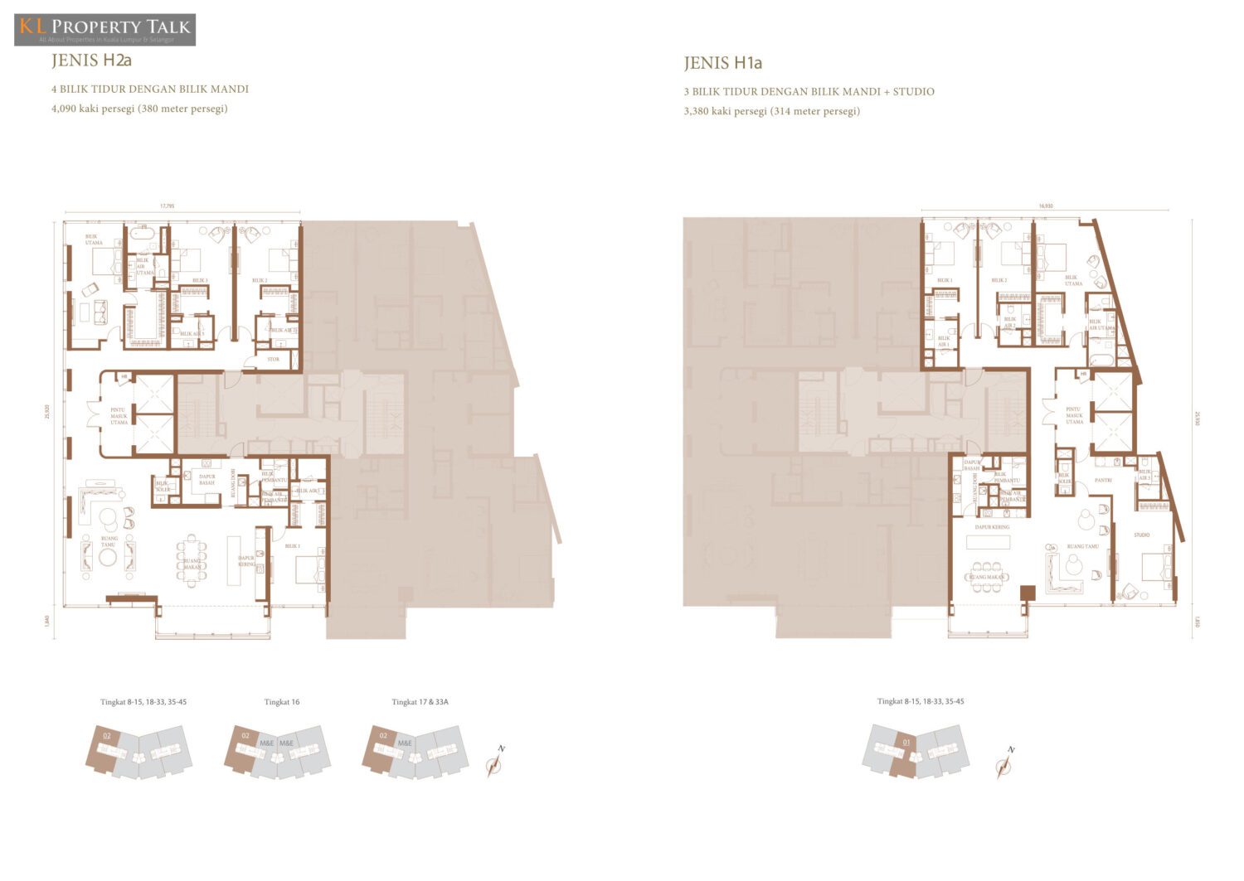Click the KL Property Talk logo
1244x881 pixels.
pyautogui.click(x=105, y=29)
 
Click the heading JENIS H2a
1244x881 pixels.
pyautogui.click(x=91, y=61)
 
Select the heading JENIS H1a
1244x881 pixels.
pyautogui.click(x=722, y=63)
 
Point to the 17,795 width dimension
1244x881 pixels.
pyautogui.click(x=167, y=206)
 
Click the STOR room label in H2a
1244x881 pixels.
pyautogui.click(x=274, y=359)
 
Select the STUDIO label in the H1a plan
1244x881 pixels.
pyautogui.click(x=1141, y=535)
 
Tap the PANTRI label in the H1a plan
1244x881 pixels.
pyautogui.click(x=1103, y=480)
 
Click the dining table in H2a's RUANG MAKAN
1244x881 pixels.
pyautogui.click(x=192, y=561)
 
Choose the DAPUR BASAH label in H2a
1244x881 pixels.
pyautogui.click(x=207, y=479)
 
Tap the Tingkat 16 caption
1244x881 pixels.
pyautogui.click(x=282, y=702)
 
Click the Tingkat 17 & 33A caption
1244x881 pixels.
pyautogui.click(x=420, y=702)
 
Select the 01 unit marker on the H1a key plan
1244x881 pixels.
pyautogui.click(x=906, y=742)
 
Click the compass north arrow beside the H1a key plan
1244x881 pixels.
pyautogui.click(x=1006, y=763)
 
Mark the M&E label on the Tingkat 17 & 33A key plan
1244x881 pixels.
pyautogui.click(x=405, y=743)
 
